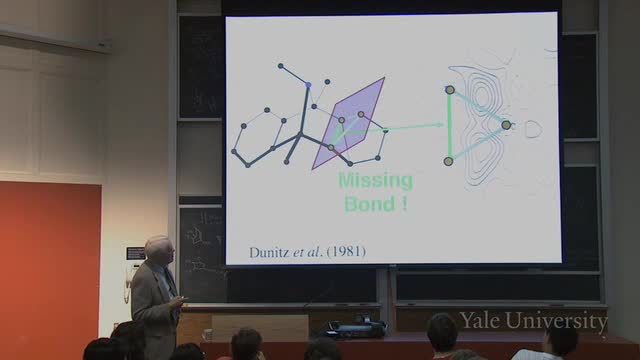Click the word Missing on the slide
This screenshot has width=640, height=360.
pos(376,181)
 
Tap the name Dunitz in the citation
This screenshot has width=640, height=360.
pos(269,252)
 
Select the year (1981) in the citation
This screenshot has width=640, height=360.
pos(346,251)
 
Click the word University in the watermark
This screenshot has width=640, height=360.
pos(557,321)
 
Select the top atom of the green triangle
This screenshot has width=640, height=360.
pos(450,90)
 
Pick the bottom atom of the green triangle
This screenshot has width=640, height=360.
pos(448,161)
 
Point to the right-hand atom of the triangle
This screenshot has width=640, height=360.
pos(506,125)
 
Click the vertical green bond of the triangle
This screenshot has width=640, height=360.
pos(449,126)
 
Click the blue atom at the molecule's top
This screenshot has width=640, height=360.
pos(308,85)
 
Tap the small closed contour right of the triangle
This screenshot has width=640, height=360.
pos(533,129)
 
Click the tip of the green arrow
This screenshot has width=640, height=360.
pos(444,124)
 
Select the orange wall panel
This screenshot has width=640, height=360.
pos(50,270)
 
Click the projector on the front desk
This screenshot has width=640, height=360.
pos(356,328)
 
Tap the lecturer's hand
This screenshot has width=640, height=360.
pos(181,302)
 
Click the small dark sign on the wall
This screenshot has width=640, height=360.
pos(136,253)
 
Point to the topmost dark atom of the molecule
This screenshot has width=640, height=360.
pos(280,66)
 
